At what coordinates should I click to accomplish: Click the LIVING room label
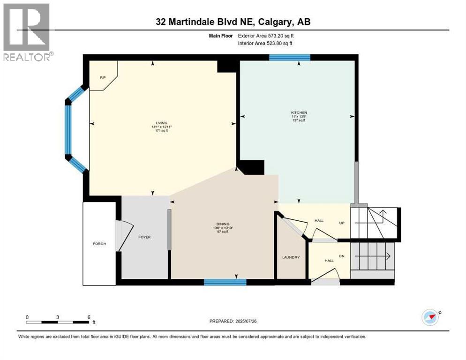click(x=161, y=123)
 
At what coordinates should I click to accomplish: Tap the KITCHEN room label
click(x=298, y=112)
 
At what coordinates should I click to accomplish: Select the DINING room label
click(x=223, y=224)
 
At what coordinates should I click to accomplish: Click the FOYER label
click(x=144, y=237)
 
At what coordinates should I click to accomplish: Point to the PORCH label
click(x=99, y=244)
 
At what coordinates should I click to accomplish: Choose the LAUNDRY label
click(x=290, y=257)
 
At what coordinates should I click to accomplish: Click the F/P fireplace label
click(x=102, y=78)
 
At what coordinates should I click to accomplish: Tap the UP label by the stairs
click(x=342, y=223)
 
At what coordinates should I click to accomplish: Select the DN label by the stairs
click(x=342, y=256)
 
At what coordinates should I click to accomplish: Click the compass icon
click(x=430, y=317)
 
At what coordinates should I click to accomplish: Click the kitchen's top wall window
click(x=290, y=57)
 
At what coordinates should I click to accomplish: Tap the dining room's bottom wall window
click(x=225, y=282)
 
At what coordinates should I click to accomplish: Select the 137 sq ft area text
click(x=298, y=120)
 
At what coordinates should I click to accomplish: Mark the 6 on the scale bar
click(x=89, y=317)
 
